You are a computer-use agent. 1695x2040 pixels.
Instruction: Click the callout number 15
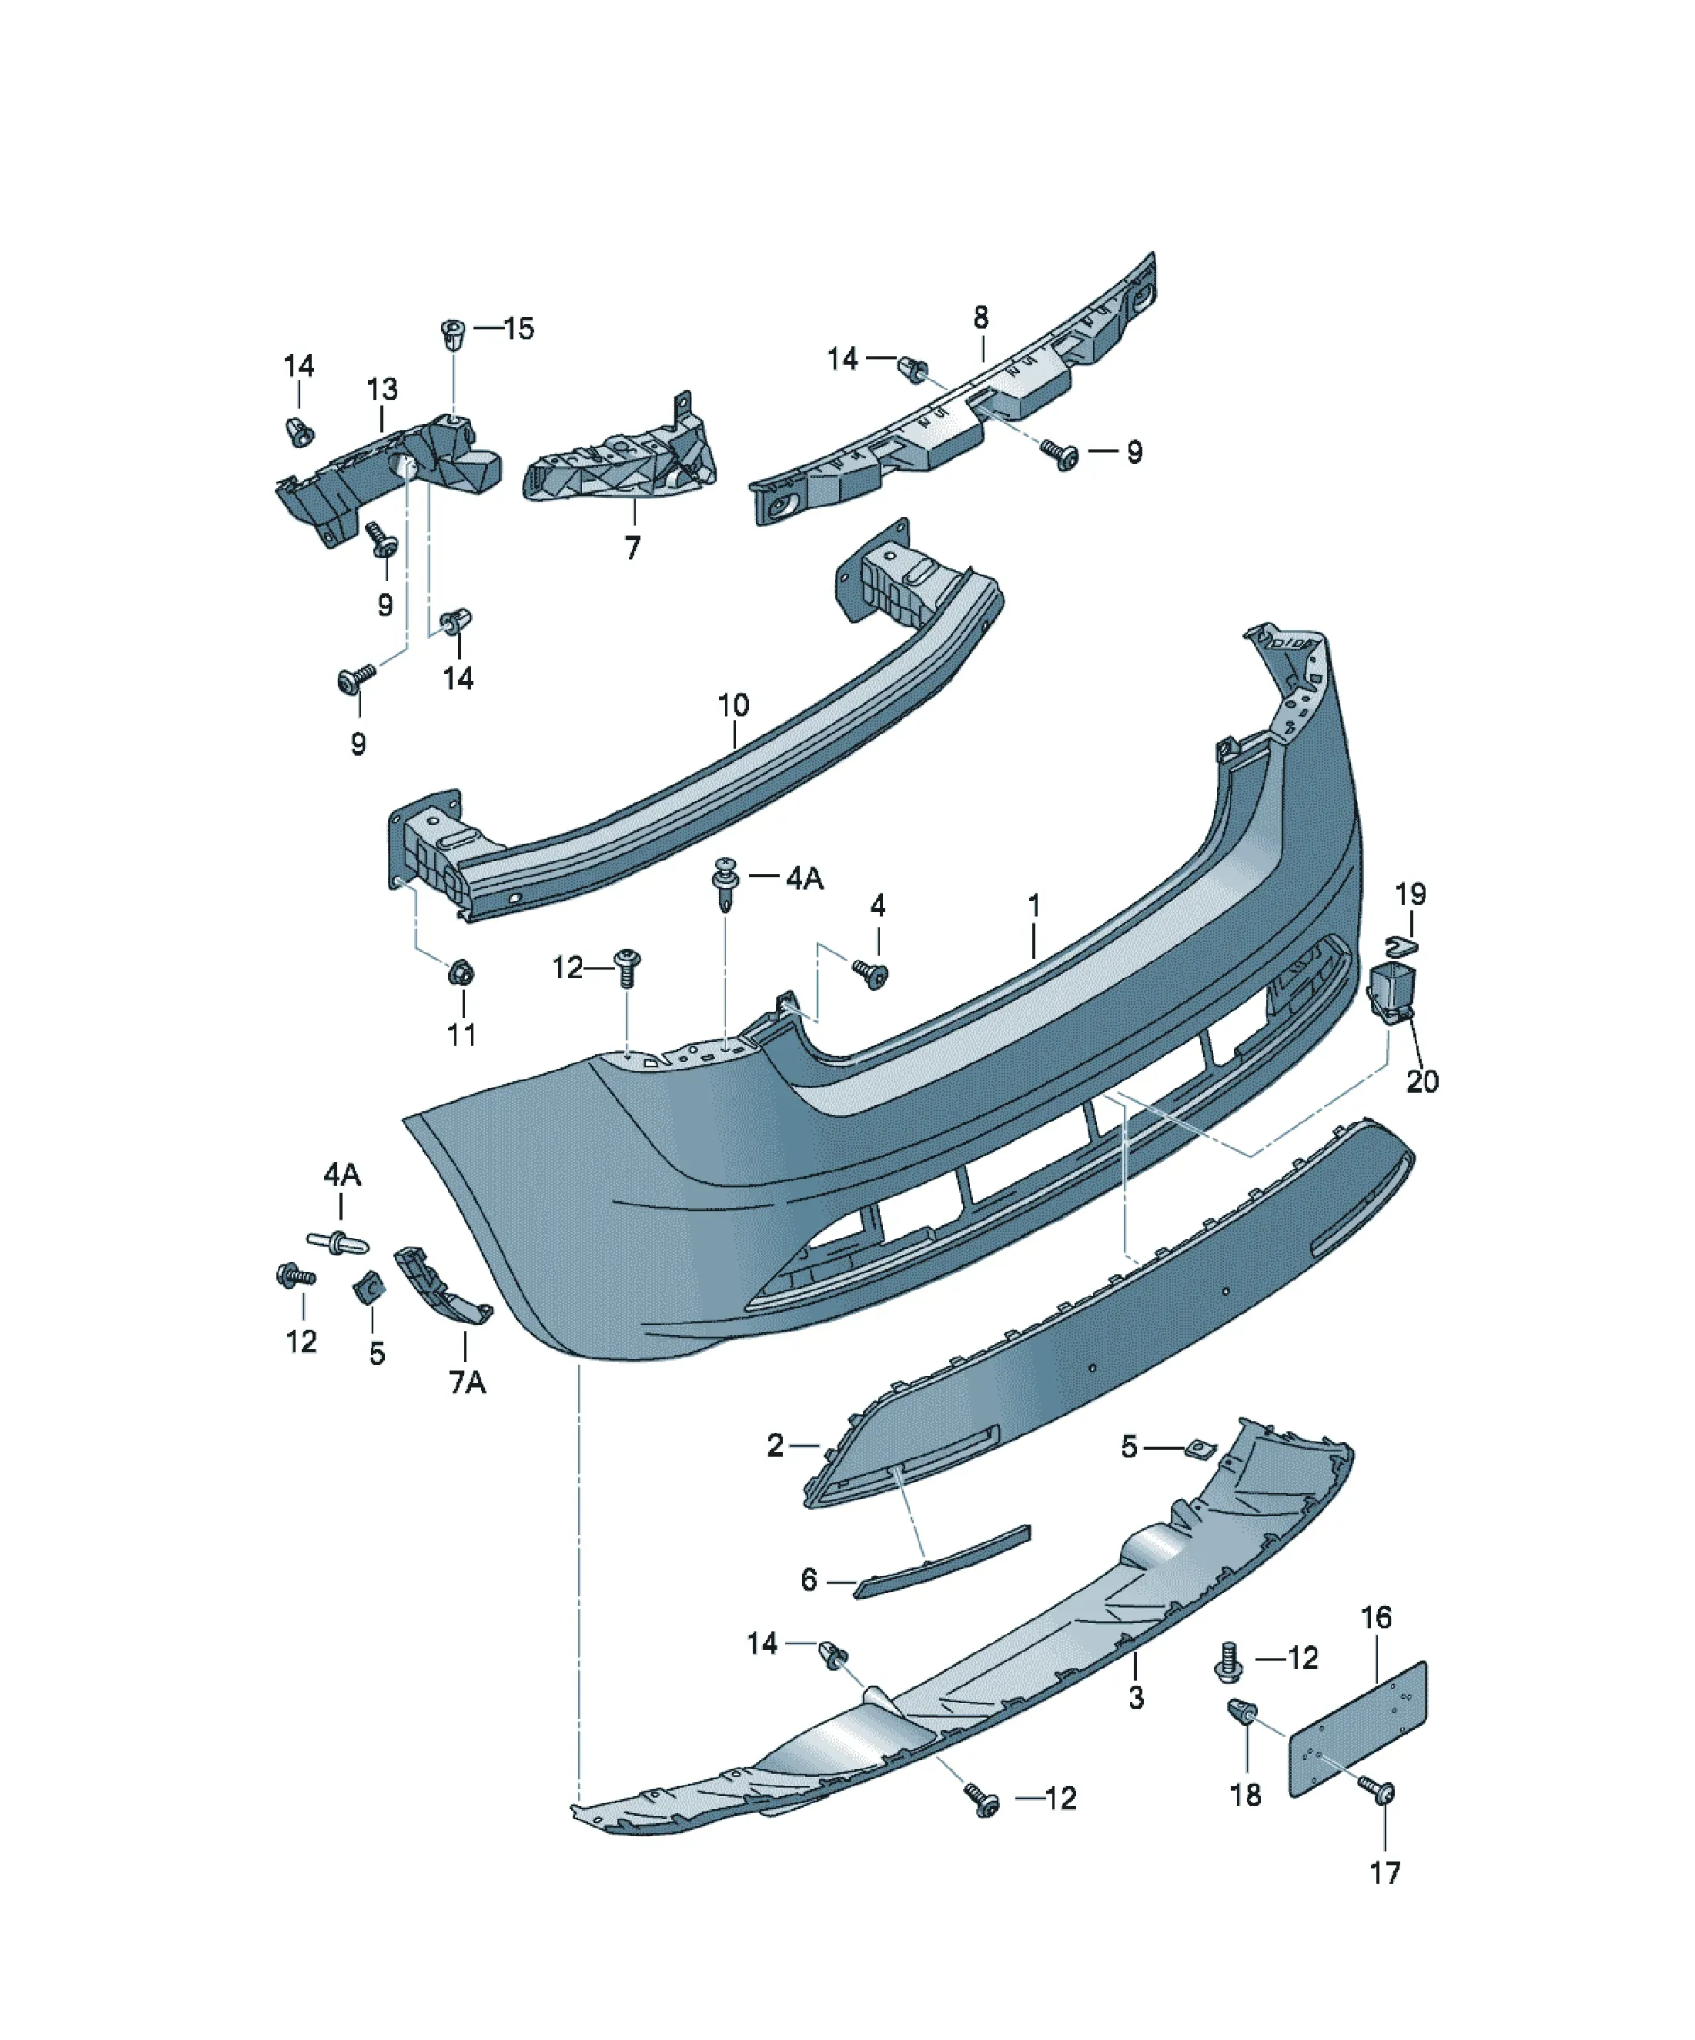coord(519,329)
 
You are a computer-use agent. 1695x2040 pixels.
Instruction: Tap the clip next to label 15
coord(452,336)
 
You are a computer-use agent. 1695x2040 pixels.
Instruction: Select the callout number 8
coord(981,317)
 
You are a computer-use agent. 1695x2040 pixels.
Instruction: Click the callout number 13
coord(382,389)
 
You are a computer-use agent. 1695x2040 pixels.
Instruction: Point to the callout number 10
coord(733,705)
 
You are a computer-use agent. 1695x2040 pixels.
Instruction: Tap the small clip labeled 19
coord(1400,943)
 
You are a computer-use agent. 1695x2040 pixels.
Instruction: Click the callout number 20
coord(1422,1081)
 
